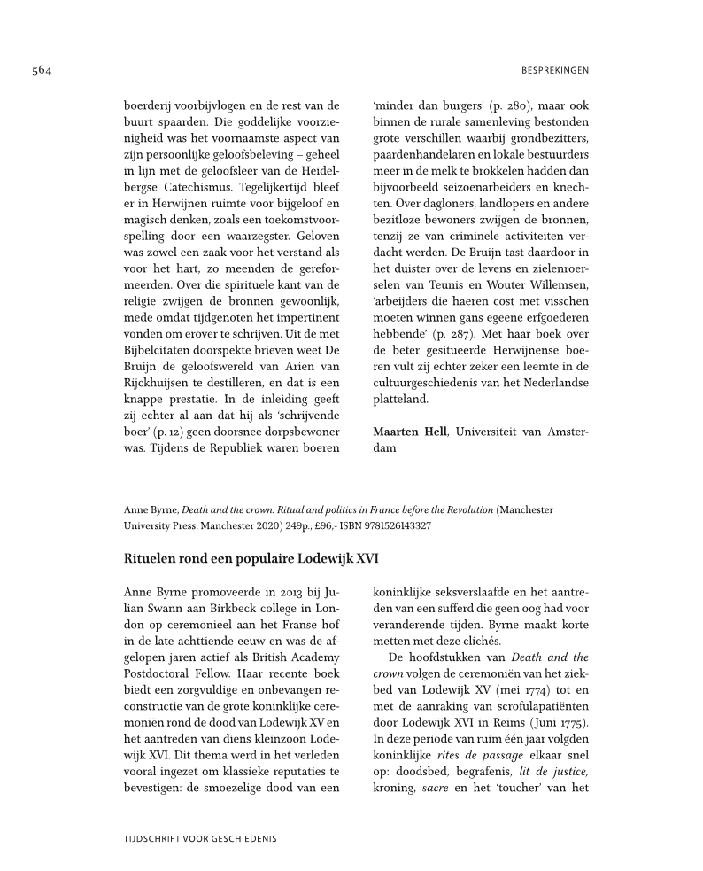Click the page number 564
click(x=42, y=70)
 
